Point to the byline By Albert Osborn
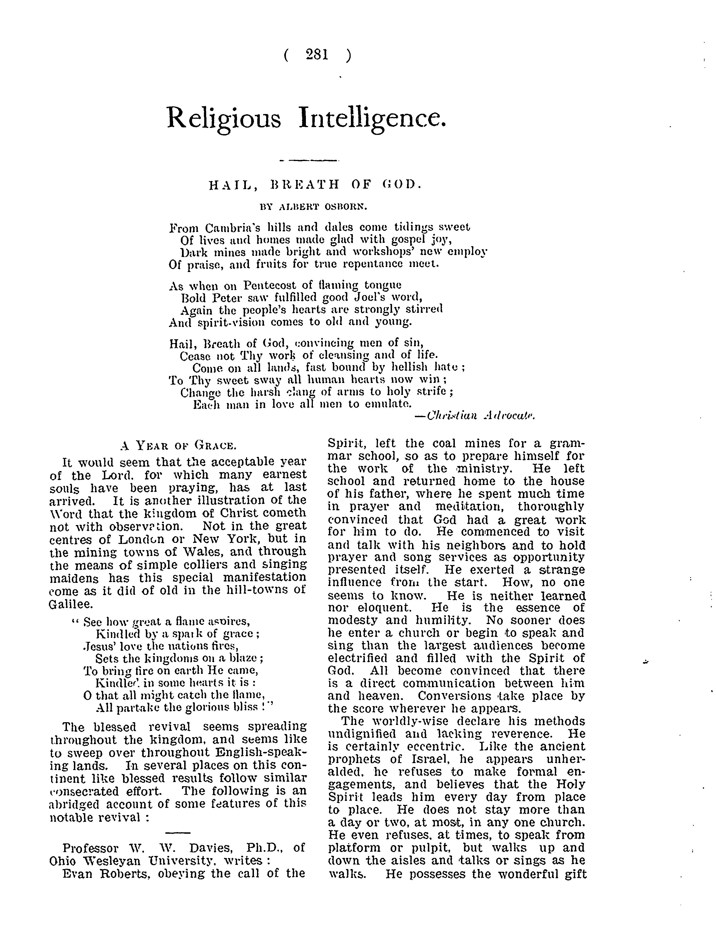click(313, 207)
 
